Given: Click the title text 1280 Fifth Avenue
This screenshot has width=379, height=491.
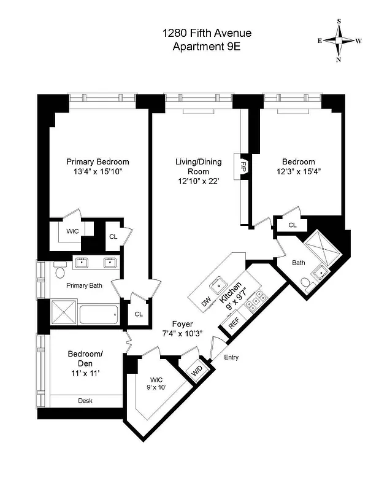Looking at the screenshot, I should tap(207, 33).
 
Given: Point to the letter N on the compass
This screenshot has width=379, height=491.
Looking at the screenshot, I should tap(339, 60).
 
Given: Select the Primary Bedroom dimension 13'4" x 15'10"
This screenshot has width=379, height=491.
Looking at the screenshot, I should tap(98, 172).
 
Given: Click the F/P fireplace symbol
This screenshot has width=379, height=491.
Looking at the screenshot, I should tap(243, 166).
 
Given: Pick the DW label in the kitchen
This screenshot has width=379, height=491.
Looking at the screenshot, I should tap(206, 301).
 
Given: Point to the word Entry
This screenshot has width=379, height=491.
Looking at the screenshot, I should tap(231, 358).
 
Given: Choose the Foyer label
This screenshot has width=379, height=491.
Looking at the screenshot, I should tap(182, 324).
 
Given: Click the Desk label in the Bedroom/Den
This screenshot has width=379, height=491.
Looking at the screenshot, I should tap(85, 401).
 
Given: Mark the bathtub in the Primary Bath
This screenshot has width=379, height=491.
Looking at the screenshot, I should tap(99, 314).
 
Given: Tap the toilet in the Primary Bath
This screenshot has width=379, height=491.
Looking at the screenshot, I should tap(59, 271).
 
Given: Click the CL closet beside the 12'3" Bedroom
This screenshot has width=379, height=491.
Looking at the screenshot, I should tap(293, 225).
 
